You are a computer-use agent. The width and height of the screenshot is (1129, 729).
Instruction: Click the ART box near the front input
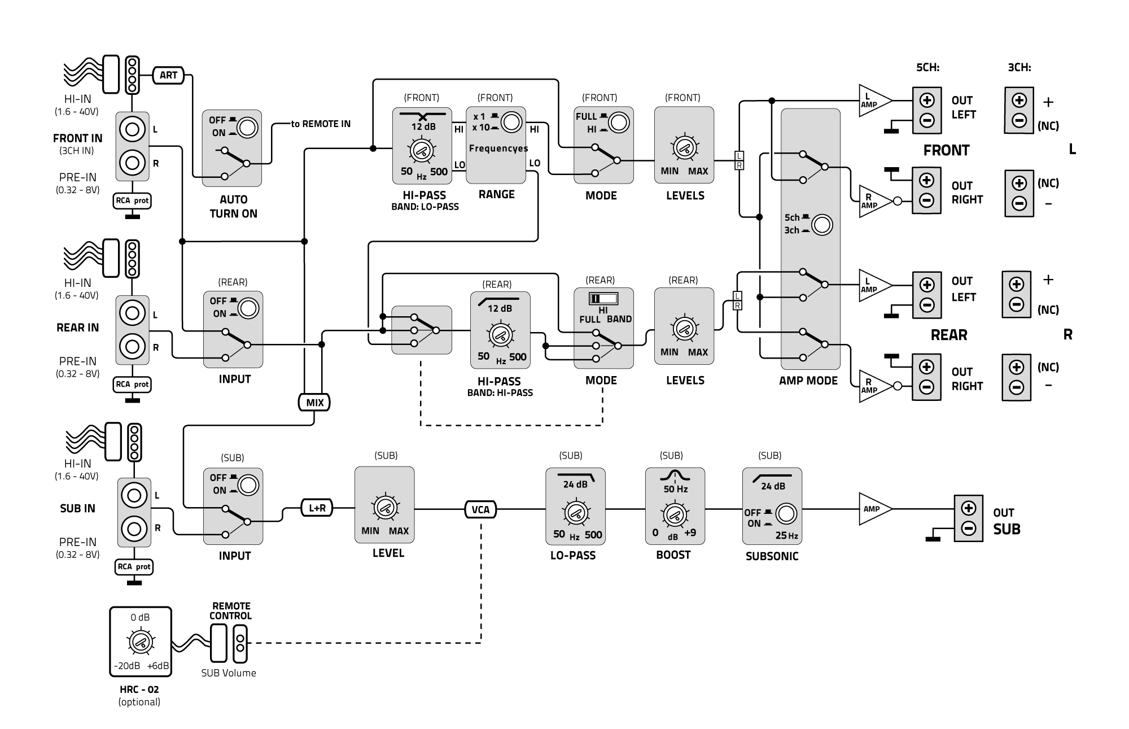tap(168, 75)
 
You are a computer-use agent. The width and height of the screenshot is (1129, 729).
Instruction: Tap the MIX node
tap(314, 403)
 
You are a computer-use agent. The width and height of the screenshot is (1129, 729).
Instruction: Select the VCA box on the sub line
tap(480, 510)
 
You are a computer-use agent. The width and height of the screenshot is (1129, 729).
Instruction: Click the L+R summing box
tap(317, 508)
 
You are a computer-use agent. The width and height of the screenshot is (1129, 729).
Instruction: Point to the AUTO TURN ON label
tap(233, 207)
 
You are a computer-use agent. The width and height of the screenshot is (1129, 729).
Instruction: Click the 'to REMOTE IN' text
tap(321, 124)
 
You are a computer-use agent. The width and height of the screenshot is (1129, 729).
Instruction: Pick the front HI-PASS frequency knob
tap(421, 150)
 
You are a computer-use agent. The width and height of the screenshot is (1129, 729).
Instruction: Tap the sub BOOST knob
tap(674, 514)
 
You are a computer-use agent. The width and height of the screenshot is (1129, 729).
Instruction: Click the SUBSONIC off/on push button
tap(786, 514)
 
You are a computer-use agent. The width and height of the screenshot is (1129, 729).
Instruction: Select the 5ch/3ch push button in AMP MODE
tap(822, 225)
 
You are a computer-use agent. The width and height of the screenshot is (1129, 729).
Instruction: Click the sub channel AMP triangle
tap(874, 509)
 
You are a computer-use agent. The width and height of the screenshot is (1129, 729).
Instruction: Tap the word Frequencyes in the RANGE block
tap(498, 149)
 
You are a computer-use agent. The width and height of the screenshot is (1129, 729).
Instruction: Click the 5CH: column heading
tap(927, 68)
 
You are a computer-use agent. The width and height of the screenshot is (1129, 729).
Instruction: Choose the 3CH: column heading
tap(1019, 68)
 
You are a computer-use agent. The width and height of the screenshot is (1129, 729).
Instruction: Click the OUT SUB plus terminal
tap(969, 508)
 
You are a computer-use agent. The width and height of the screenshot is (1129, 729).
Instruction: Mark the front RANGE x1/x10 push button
tap(511, 123)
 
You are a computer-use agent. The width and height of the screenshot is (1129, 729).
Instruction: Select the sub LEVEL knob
tap(385, 507)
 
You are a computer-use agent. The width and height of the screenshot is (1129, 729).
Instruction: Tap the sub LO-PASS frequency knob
tap(575, 513)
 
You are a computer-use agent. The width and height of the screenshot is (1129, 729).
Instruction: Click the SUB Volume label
tap(229, 673)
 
